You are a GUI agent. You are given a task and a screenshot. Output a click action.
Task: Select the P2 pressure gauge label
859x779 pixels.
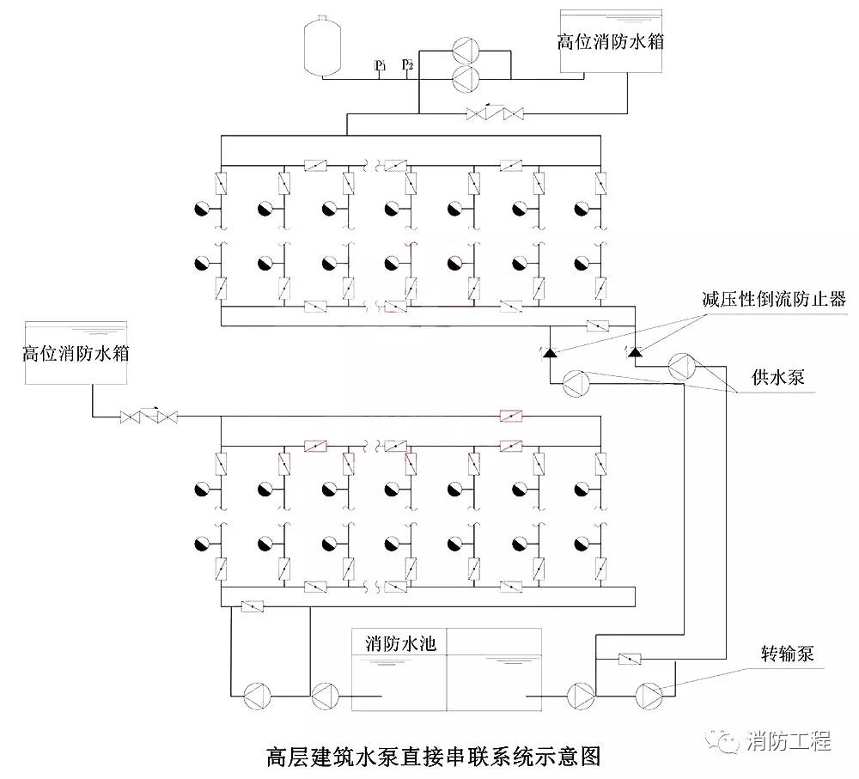click(x=408, y=64)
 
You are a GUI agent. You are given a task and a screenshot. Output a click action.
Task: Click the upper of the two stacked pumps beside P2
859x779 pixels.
click(x=466, y=50)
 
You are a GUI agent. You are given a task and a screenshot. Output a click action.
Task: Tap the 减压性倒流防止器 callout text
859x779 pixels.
click(x=773, y=299)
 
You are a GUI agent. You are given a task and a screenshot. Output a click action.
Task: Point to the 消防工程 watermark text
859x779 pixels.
click(x=789, y=740)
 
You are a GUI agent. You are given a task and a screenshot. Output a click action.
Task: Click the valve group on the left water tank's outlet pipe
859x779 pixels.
click(x=149, y=417)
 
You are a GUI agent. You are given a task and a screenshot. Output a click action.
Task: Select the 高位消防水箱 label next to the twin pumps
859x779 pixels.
click(x=611, y=41)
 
